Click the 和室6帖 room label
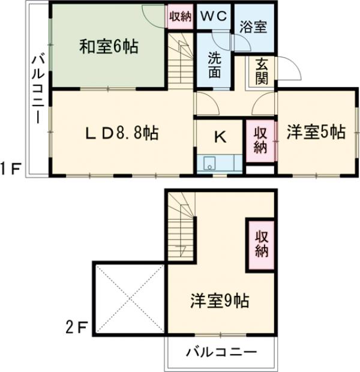[x=109, y=47]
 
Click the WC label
[x=214, y=16]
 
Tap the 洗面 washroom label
[x=214, y=64]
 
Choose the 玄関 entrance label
[x=262, y=71]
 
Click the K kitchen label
[x=220, y=137]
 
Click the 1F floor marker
[x=12, y=170]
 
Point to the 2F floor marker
[x=77, y=328]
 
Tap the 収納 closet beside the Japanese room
[x=179, y=16]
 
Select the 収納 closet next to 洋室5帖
[x=260, y=140]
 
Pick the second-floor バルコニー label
[x=221, y=352]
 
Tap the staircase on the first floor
[x=181, y=60]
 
